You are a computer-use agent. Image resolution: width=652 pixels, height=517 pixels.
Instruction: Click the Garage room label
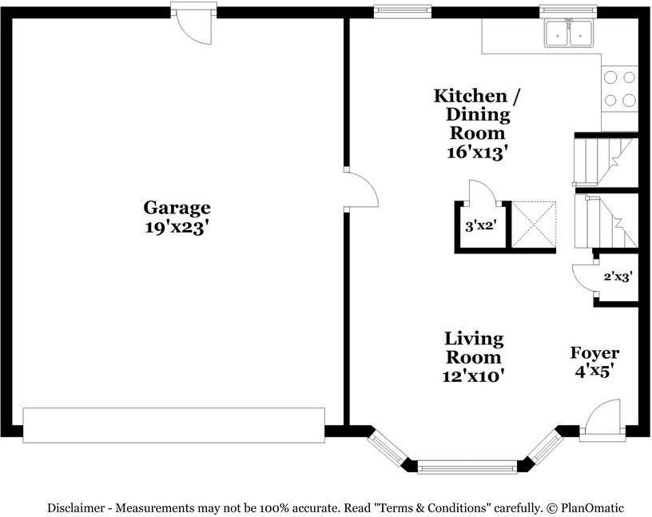[x=177, y=208]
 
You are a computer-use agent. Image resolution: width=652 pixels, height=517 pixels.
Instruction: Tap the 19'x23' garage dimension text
[x=176, y=227]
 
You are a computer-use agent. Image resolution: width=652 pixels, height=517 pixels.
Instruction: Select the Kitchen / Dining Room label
[x=477, y=114]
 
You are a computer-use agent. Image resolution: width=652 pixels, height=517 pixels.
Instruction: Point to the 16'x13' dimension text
[x=478, y=153]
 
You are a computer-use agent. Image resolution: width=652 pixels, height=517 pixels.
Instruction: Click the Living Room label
[x=474, y=348]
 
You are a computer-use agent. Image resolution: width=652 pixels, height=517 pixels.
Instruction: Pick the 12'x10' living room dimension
[x=473, y=376]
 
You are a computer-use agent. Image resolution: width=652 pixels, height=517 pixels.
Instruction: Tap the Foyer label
[x=594, y=353]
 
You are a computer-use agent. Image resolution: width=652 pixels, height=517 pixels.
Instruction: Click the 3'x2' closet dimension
[x=481, y=226]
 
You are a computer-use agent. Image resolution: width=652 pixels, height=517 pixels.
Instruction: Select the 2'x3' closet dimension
[x=618, y=276]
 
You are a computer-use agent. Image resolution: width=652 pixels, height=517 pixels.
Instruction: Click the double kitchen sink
[x=569, y=33]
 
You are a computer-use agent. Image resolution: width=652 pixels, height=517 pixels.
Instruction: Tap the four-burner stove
[x=619, y=89]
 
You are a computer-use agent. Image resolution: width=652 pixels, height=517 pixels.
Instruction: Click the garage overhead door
[x=174, y=425]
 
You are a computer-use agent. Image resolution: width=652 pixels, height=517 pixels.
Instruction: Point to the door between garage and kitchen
[x=361, y=189]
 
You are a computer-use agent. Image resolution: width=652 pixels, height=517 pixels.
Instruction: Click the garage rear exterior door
[x=194, y=23]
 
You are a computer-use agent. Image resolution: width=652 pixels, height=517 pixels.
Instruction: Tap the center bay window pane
[x=467, y=467]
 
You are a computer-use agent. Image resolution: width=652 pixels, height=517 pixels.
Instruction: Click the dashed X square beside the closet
[x=534, y=225]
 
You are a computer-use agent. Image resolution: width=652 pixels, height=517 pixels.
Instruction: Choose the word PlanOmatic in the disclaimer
[x=592, y=508]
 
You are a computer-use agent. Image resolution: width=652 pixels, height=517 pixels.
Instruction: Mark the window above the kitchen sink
[x=568, y=12]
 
